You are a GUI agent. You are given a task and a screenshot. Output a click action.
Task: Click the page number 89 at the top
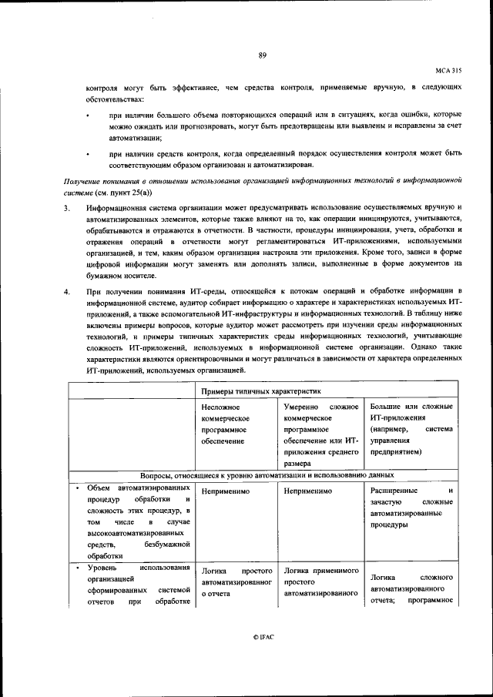[x=262, y=55]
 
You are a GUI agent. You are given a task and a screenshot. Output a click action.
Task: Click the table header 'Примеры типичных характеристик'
[x=254, y=391]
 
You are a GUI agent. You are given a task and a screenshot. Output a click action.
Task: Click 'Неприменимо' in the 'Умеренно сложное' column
[x=307, y=490]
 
